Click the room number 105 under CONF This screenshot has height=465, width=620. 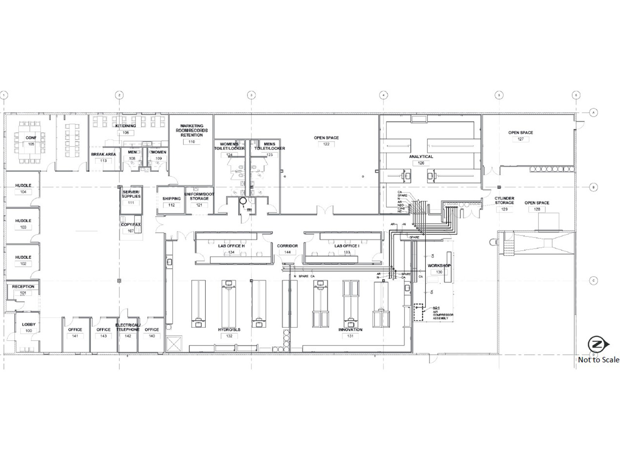point(31,144)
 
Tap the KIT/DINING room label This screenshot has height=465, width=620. point(126,126)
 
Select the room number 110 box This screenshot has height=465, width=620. point(191,142)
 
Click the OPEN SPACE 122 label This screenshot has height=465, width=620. point(326,138)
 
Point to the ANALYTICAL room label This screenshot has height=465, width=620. point(421,157)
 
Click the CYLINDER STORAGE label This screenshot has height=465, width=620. point(504,200)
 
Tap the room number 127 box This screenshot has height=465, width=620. point(520,139)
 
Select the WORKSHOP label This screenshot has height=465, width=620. point(439,266)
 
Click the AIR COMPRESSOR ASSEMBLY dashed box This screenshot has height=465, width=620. point(418,312)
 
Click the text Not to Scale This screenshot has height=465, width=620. point(598,360)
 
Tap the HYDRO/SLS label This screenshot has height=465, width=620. point(229,330)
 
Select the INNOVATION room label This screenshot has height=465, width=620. point(350,330)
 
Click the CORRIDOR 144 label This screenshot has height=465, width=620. point(288,246)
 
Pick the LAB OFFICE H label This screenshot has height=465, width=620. point(231,246)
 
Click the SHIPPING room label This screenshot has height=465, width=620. point(172,199)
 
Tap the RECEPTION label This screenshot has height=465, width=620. point(23,287)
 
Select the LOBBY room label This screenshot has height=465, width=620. point(29,324)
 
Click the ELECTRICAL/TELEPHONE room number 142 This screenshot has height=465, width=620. point(128,336)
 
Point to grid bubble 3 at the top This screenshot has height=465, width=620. point(251,95)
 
